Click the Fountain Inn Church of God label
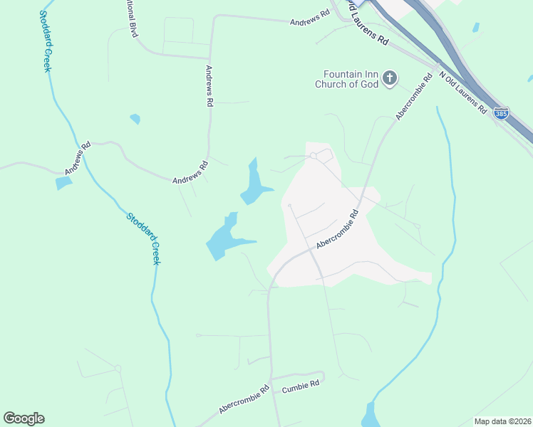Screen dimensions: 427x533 point(347,78)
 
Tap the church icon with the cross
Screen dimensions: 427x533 point(390,78)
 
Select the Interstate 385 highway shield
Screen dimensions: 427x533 point(502,114)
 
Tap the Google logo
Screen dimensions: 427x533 point(24,418)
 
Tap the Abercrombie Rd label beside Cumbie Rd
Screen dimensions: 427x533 point(244,399)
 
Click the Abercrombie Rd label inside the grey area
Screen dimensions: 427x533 point(336,229)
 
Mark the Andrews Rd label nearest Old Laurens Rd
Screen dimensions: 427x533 point(310,19)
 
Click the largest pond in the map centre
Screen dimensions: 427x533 point(223,238)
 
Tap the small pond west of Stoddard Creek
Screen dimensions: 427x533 point(63,183)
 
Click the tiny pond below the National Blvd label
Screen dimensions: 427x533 point(135,119)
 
